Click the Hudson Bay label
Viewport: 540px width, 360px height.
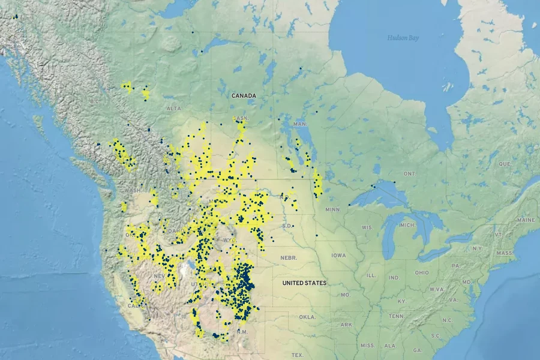(x=403, y=38)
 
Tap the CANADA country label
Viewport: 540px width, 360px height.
(x=244, y=95)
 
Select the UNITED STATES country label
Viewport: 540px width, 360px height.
(x=304, y=283)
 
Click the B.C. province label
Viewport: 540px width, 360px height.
(x=94, y=101)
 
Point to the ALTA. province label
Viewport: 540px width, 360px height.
(x=174, y=109)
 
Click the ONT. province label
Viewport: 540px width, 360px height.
(x=409, y=173)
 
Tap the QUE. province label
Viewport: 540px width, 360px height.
(x=505, y=163)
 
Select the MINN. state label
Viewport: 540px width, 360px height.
(x=332, y=209)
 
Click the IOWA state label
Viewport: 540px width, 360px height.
(x=338, y=255)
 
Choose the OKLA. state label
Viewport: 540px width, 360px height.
(x=307, y=316)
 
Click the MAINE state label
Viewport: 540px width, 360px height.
(x=526, y=220)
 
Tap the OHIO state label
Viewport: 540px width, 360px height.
(x=421, y=272)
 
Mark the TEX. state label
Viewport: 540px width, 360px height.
(x=298, y=355)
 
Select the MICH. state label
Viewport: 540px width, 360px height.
(x=407, y=225)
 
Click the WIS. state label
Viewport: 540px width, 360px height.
(x=367, y=228)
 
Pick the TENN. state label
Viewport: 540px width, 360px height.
(x=396, y=316)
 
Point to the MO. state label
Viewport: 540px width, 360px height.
(x=345, y=295)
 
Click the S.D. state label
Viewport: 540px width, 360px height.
(x=286, y=226)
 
